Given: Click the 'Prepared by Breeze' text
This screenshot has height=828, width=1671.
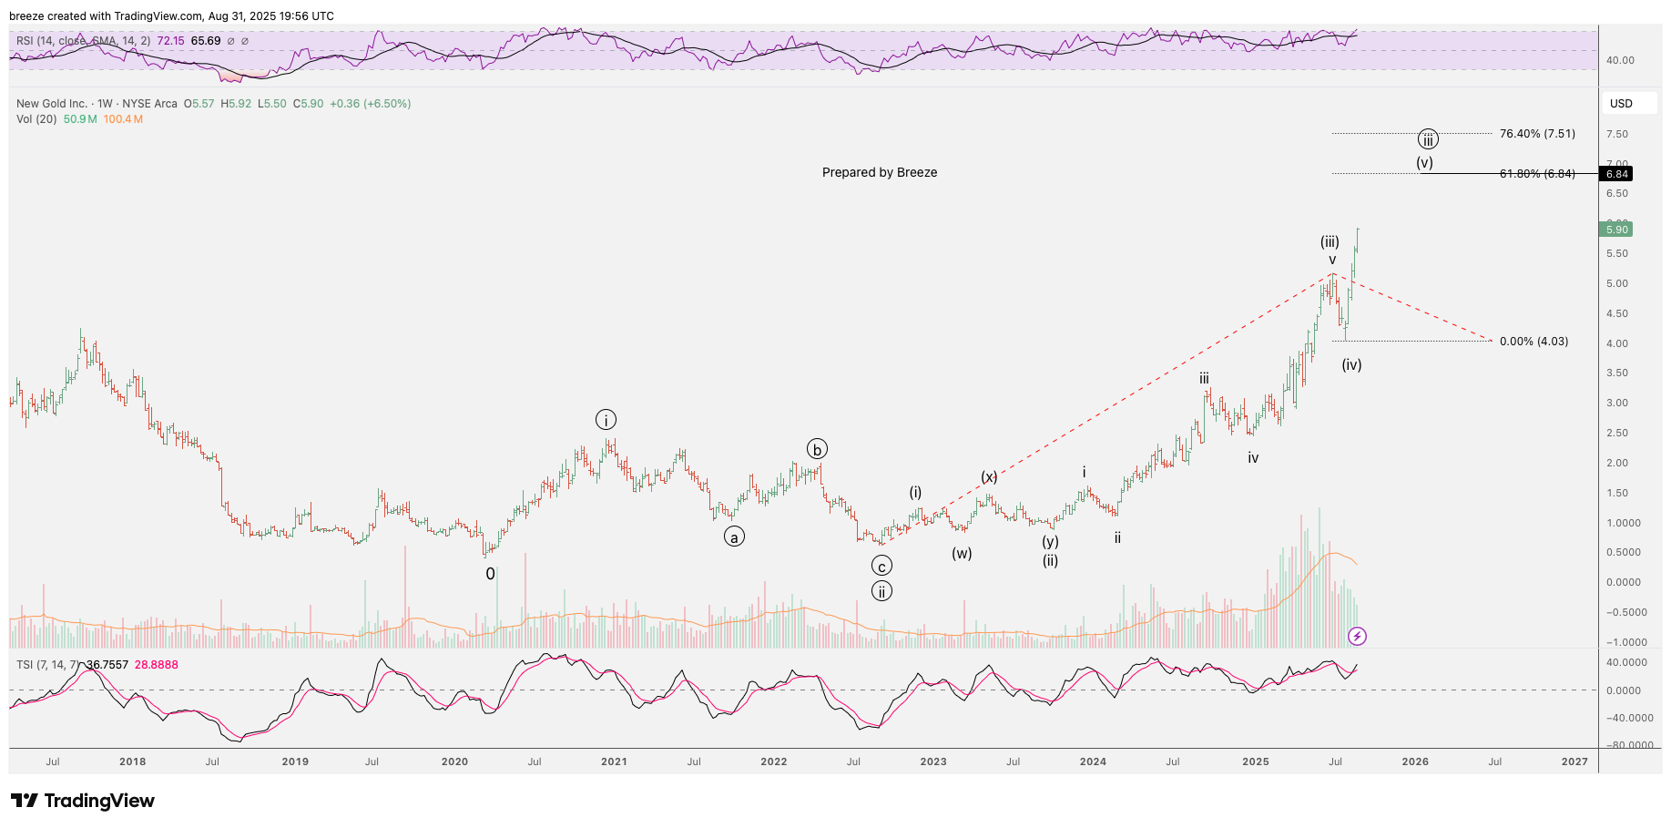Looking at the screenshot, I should click(x=879, y=172).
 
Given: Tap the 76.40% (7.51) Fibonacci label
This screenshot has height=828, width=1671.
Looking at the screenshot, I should click(x=1537, y=134).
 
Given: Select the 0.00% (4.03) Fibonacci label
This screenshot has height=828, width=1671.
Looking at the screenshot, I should click(x=1533, y=342).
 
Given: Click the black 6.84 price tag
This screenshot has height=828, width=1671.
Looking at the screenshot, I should click(x=1616, y=174).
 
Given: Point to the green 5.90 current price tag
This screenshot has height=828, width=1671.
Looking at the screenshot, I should click(x=1616, y=230).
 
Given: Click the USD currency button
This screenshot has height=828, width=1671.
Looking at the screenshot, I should click(x=1621, y=104).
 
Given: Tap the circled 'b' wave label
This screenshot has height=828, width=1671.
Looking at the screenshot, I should click(x=817, y=449).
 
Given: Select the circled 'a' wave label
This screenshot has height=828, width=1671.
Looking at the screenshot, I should click(x=733, y=537).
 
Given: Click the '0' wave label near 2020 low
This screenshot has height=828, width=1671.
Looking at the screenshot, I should click(x=490, y=574).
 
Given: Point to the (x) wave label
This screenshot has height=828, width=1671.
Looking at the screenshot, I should click(x=989, y=476).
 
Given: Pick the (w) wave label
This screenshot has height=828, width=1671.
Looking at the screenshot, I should click(x=962, y=553).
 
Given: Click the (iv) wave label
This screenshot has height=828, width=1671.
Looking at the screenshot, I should click(x=1351, y=364).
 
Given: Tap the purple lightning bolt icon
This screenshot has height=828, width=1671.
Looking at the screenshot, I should click(x=1357, y=636).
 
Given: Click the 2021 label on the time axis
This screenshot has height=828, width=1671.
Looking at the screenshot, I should click(x=614, y=762).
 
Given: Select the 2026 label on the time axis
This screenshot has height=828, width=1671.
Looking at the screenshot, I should click(x=1414, y=762).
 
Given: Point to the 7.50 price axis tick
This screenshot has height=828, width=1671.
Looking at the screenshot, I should click(x=1616, y=134).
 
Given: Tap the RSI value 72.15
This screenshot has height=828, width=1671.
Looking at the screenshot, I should click(x=170, y=41).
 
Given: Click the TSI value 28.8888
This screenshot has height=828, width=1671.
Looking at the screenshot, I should click(x=157, y=665).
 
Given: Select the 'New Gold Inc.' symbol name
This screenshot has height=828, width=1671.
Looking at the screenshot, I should click(x=52, y=104).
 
